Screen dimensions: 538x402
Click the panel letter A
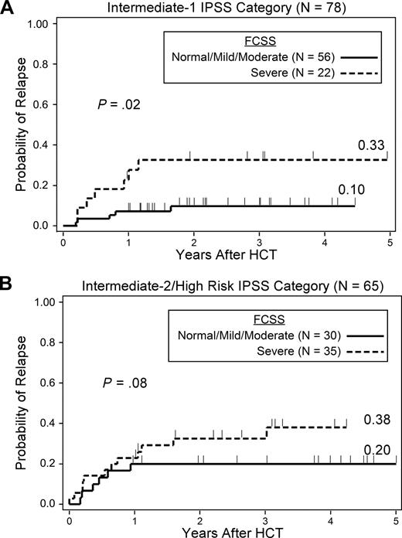pos(9,9)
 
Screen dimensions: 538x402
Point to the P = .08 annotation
pos(121,382)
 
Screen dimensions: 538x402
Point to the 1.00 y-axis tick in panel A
pos(40,24)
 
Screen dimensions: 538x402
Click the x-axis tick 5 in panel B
pos(396,516)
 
